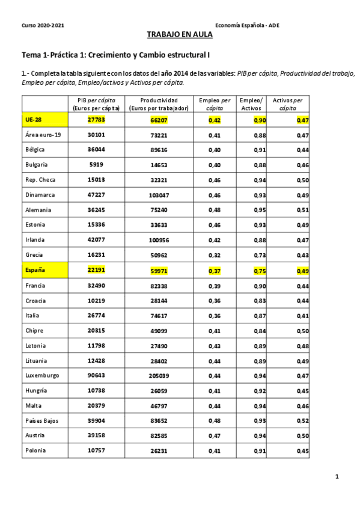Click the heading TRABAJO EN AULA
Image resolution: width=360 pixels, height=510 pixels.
click(180, 35)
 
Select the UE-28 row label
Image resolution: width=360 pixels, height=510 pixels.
click(34, 120)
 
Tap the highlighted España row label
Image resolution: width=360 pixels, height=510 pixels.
click(35, 270)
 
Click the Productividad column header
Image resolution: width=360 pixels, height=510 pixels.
click(159, 104)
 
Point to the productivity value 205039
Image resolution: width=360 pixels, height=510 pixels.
click(159, 375)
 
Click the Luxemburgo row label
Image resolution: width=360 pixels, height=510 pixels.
click(42, 375)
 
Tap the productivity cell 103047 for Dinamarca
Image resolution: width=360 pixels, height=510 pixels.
click(159, 195)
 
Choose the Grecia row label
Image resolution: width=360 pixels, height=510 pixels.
click(34, 255)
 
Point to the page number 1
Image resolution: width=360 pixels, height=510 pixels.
click(337, 477)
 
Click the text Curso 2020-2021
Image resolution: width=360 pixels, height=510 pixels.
click(43, 25)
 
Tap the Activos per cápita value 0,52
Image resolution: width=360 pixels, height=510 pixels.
click(303, 420)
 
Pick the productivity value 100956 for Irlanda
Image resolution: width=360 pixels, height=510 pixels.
click(159, 240)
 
